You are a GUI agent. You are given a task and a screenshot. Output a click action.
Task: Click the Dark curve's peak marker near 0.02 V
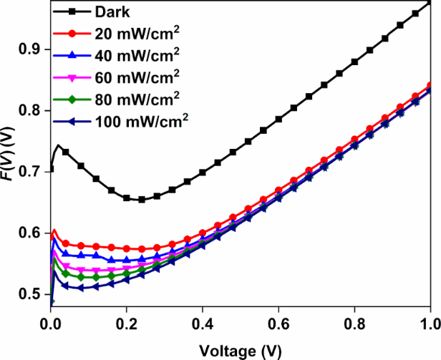[x=59, y=145]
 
